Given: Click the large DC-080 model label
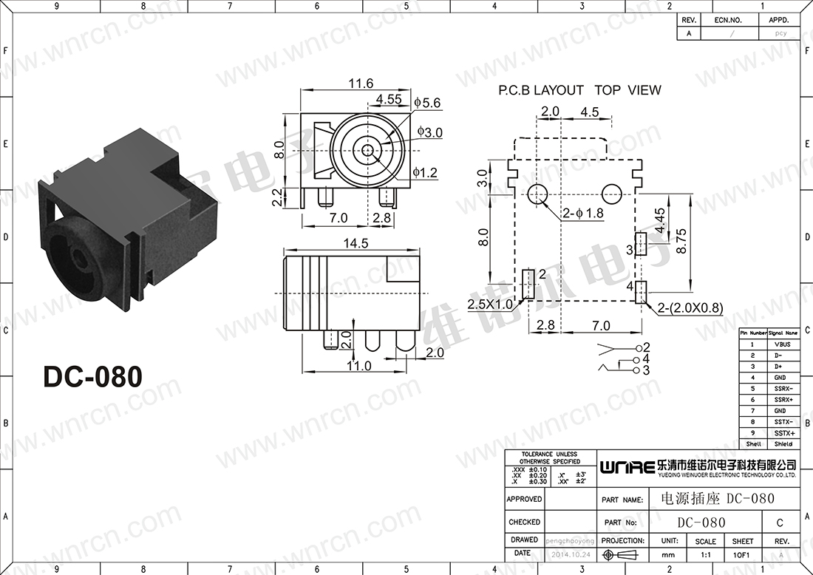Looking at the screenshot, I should (92, 376).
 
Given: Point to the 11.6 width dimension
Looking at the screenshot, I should (361, 84).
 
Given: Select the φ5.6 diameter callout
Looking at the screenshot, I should (428, 103).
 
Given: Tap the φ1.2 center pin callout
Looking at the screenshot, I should (426, 173).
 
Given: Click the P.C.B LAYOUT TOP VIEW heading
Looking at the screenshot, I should (579, 90).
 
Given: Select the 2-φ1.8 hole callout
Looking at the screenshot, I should (584, 214).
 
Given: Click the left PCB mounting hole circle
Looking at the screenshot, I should (537, 194).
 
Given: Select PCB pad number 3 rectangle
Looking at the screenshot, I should (640, 244).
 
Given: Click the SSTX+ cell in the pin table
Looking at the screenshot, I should (783, 433).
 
